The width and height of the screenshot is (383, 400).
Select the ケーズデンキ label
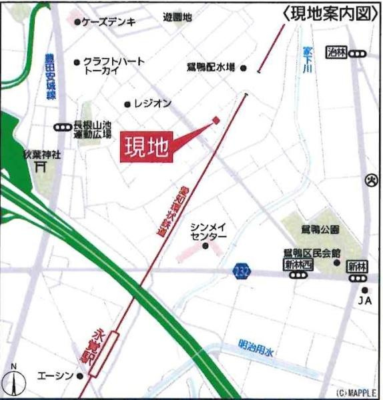tap(109, 22)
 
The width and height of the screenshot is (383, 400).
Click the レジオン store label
tap(153, 104)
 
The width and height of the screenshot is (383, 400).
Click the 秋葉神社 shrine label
tap(41, 154)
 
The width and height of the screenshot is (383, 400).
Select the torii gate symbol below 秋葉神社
tap(41, 167)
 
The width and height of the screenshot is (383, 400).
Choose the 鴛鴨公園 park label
tap(320, 229)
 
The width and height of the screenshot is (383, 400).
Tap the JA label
tap(364, 301)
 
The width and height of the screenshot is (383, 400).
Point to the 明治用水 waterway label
tap(259, 348)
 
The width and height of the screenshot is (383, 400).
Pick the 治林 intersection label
tap(337, 53)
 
